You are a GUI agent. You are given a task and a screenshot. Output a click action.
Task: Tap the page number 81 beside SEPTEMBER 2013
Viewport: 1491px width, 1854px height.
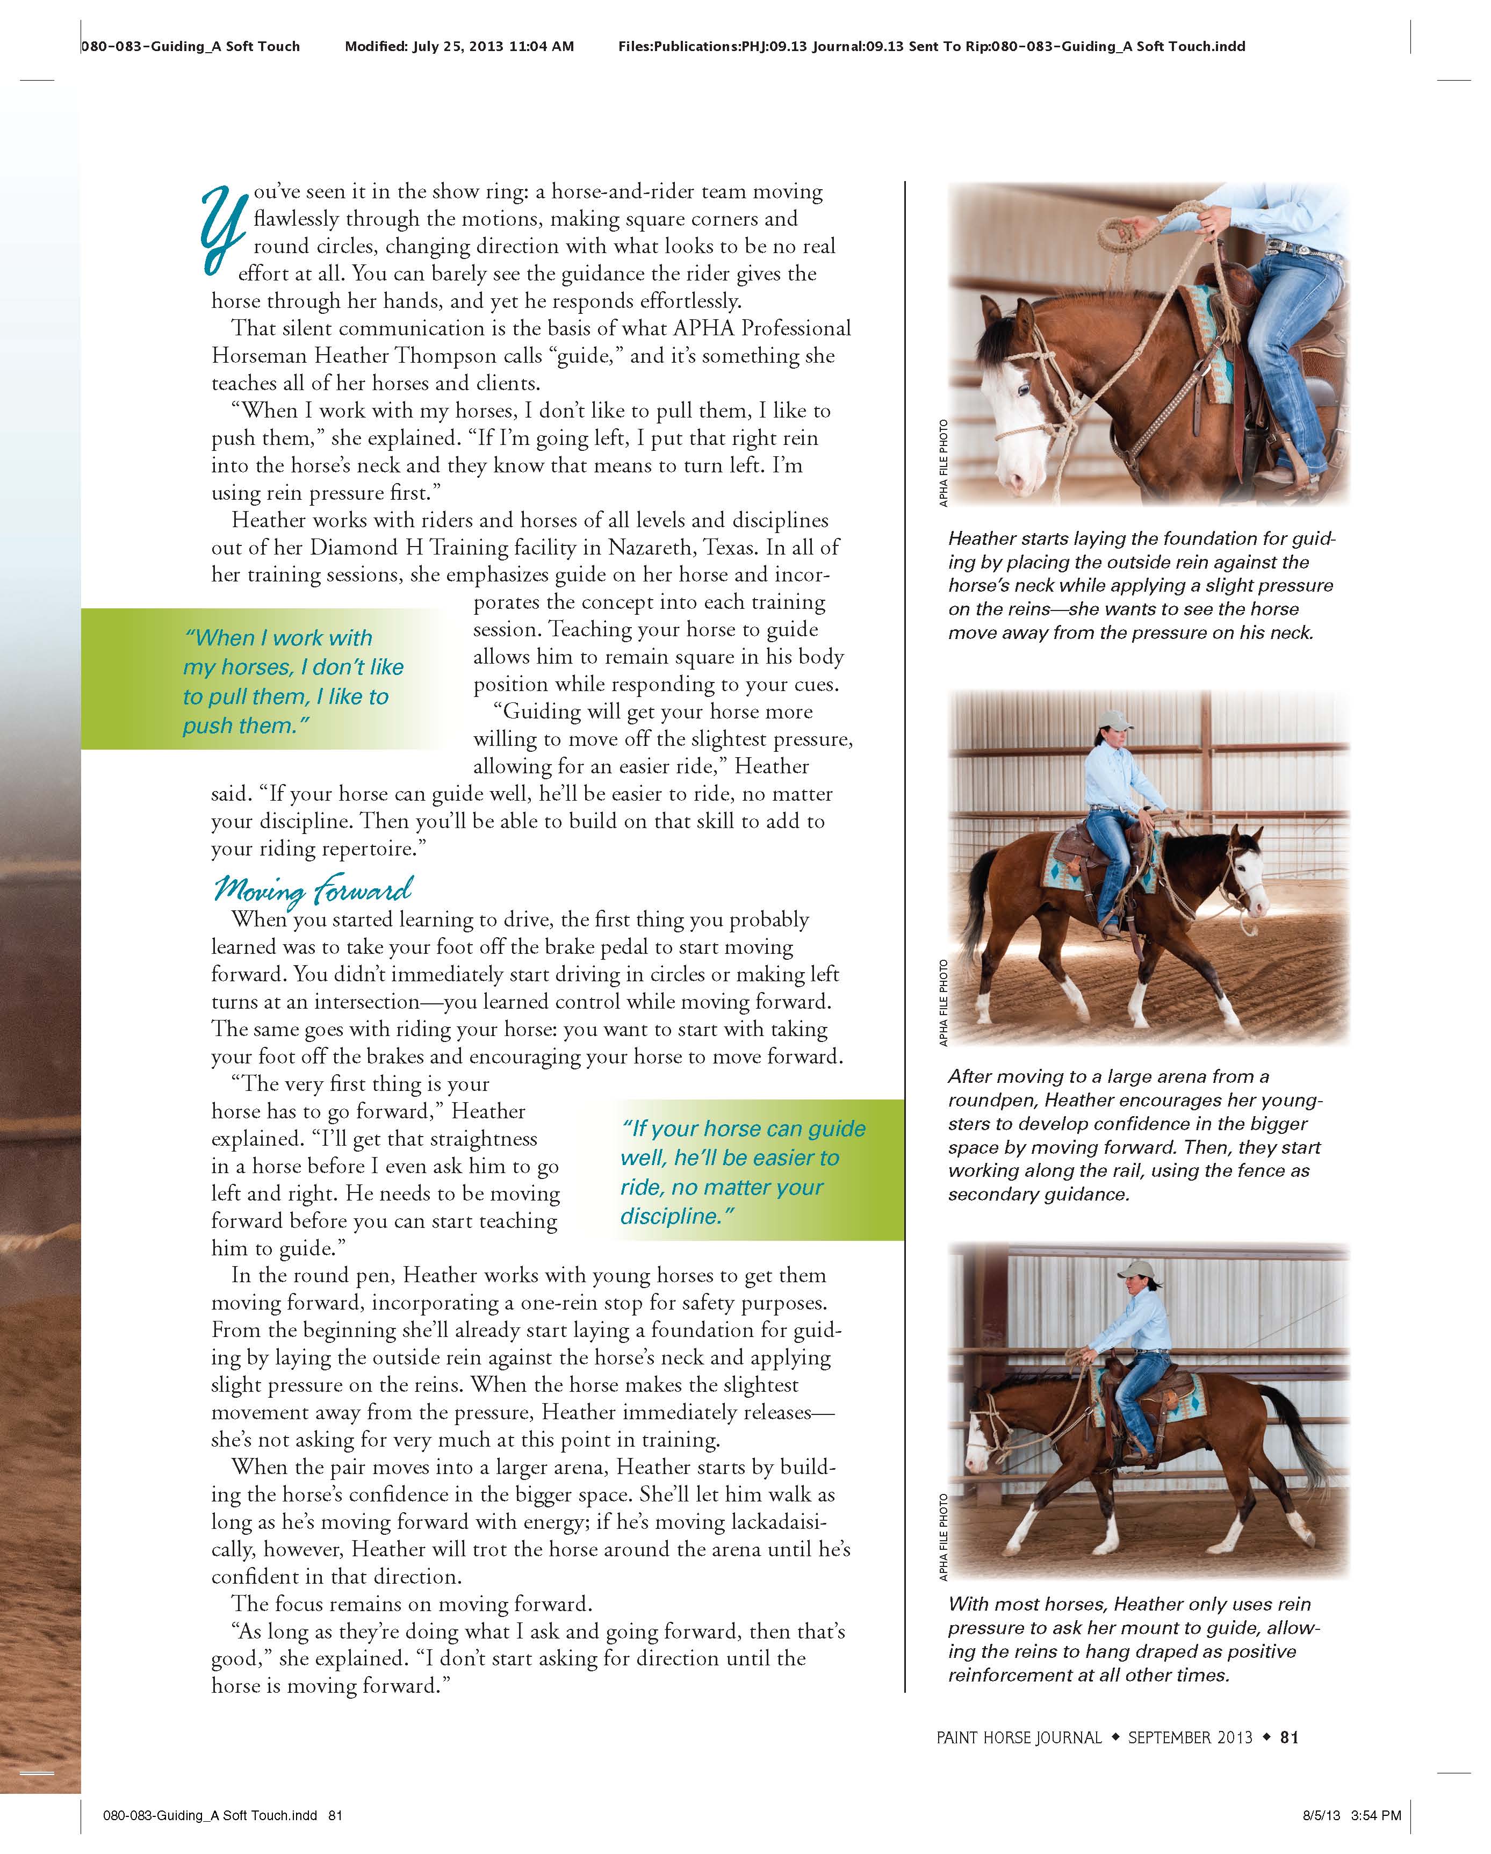(1289, 1737)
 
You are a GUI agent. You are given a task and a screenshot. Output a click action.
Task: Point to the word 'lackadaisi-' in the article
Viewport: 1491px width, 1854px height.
(778, 1521)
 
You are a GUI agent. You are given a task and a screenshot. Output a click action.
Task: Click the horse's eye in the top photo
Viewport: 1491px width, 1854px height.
(1023, 391)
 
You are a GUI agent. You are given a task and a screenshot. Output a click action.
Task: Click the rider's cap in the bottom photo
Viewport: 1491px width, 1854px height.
(1142, 1270)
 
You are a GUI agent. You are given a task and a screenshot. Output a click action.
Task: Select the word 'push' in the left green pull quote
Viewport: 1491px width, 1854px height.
(209, 726)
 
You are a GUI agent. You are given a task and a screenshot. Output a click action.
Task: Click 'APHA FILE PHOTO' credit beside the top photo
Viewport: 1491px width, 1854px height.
(943, 463)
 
